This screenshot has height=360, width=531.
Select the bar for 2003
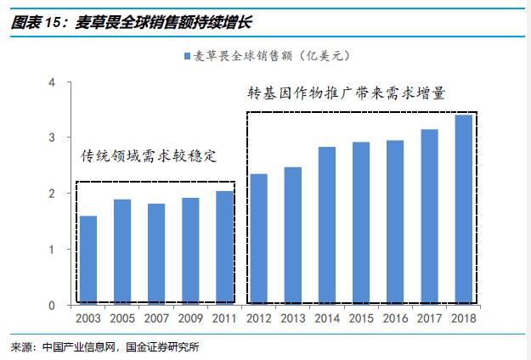[x=88, y=260]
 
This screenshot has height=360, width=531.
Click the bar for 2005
[x=122, y=252]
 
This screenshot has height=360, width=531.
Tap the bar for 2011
[x=224, y=248]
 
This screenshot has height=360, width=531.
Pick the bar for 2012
[x=259, y=239]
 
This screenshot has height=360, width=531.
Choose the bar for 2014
[x=327, y=226]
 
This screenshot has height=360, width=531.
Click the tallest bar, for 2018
[x=463, y=210]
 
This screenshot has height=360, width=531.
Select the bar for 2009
[x=190, y=251]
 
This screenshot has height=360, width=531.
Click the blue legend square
[x=186, y=56]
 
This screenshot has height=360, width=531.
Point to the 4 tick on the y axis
[x=52, y=82]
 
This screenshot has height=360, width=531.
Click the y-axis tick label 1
[x=52, y=250]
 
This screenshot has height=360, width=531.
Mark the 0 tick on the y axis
[x=52, y=305]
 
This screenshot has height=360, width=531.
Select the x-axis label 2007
[x=156, y=318]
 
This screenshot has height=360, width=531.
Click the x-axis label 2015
[x=361, y=318]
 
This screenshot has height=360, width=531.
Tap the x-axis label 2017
[x=429, y=318]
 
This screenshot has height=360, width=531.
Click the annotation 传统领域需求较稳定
[x=149, y=156]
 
